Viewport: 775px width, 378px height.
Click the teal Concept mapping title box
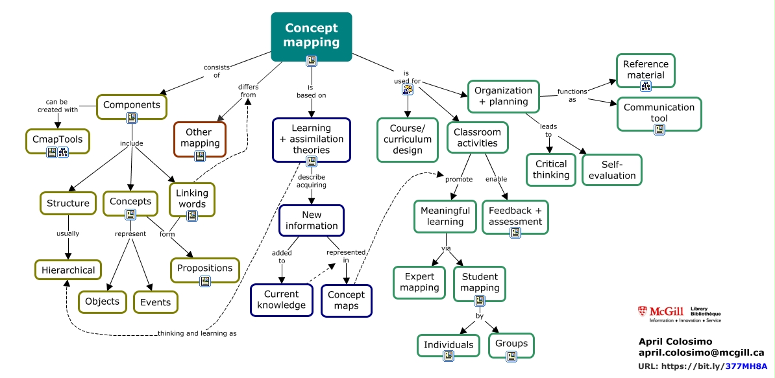coord(311,36)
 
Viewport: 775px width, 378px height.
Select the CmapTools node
coord(58,138)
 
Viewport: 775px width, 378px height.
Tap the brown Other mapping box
coord(200,137)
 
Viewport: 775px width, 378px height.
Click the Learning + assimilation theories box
coord(311,139)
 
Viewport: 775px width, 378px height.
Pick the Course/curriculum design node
coord(406,139)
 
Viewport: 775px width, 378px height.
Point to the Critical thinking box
coord(550,169)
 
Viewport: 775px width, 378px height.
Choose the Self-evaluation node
coord(611,170)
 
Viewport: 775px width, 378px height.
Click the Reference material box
coord(645,69)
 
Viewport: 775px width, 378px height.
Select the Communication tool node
coord(659,113)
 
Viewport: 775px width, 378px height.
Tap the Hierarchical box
coord(68,270)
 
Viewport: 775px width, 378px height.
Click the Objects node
coord(103,301)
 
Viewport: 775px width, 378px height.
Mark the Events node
coord(156,302)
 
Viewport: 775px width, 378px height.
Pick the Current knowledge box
coord(281,300)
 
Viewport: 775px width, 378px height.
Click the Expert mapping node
coord(419,282)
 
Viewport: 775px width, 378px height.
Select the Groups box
coord(511,344)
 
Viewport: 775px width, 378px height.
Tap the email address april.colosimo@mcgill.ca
coord(701,353)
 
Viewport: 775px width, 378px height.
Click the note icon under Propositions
coord(205,281)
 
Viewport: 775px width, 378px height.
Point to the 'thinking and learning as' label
coord(197,334)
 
